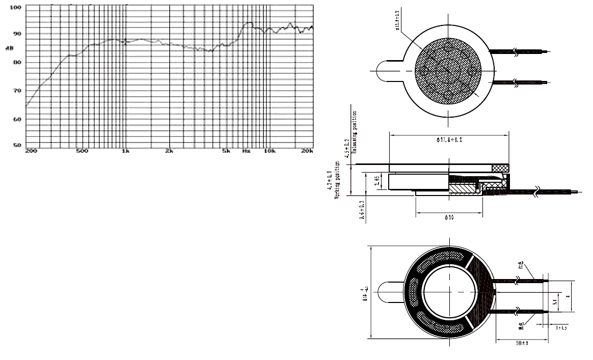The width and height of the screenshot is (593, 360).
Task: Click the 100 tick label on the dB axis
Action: (15, 8)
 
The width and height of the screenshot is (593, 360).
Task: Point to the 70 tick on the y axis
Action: (16, 91)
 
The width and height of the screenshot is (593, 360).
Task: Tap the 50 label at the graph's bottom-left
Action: (16, 146)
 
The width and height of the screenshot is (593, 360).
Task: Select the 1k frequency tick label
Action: (125, 152)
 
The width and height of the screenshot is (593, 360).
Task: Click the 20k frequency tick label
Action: (307, 152)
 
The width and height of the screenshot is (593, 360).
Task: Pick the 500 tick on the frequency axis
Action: (82, 152)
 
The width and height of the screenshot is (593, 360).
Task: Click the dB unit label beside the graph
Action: (10, 48)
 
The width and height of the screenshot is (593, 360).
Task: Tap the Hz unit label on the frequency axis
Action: (246, 152)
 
